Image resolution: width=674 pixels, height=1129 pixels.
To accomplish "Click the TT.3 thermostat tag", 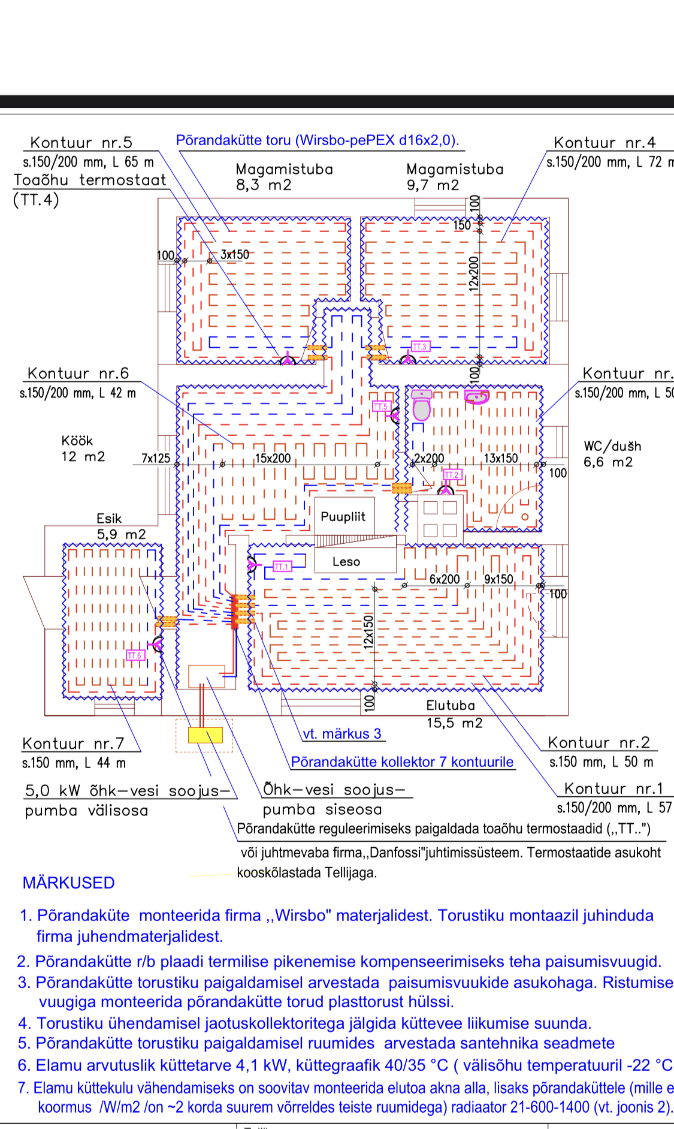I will tap(420, 347).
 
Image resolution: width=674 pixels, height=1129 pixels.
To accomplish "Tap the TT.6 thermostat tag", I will tap(135, 655).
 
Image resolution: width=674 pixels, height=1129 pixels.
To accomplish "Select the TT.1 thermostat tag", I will tap(282, 567).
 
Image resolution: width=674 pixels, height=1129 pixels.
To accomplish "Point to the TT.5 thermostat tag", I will tap(380, 407).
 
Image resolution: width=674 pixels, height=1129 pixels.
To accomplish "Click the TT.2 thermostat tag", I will tap(452, 475).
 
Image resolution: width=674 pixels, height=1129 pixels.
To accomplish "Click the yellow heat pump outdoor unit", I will tap(205, 735).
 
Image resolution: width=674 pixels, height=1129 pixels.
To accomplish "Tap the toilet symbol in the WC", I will tap(422, 405).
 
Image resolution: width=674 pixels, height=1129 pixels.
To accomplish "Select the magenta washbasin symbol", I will tap(477, 397).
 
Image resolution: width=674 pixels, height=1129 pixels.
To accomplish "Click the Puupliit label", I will tap(343, 517).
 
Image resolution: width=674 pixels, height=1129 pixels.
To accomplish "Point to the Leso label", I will tap(346, 562).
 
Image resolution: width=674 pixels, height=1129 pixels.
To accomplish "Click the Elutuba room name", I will tap(451, 706).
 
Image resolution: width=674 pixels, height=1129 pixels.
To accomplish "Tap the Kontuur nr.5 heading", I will tap(81, 143).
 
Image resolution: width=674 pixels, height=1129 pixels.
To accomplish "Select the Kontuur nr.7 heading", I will tap(73, 744).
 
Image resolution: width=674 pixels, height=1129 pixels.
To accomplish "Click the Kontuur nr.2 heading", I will tap(599, 743).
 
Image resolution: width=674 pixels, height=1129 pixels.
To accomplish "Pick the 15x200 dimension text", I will tap(273, 459).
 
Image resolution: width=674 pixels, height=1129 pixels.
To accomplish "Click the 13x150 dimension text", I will tap(501, 459).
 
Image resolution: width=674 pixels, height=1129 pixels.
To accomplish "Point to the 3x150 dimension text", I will tap(235, 255).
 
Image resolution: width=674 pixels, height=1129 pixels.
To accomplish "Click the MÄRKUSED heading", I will tap(68, 883).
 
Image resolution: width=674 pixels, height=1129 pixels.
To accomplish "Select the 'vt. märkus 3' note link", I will tap(342, 734).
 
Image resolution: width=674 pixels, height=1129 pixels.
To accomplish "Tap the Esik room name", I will tap(109, 519).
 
